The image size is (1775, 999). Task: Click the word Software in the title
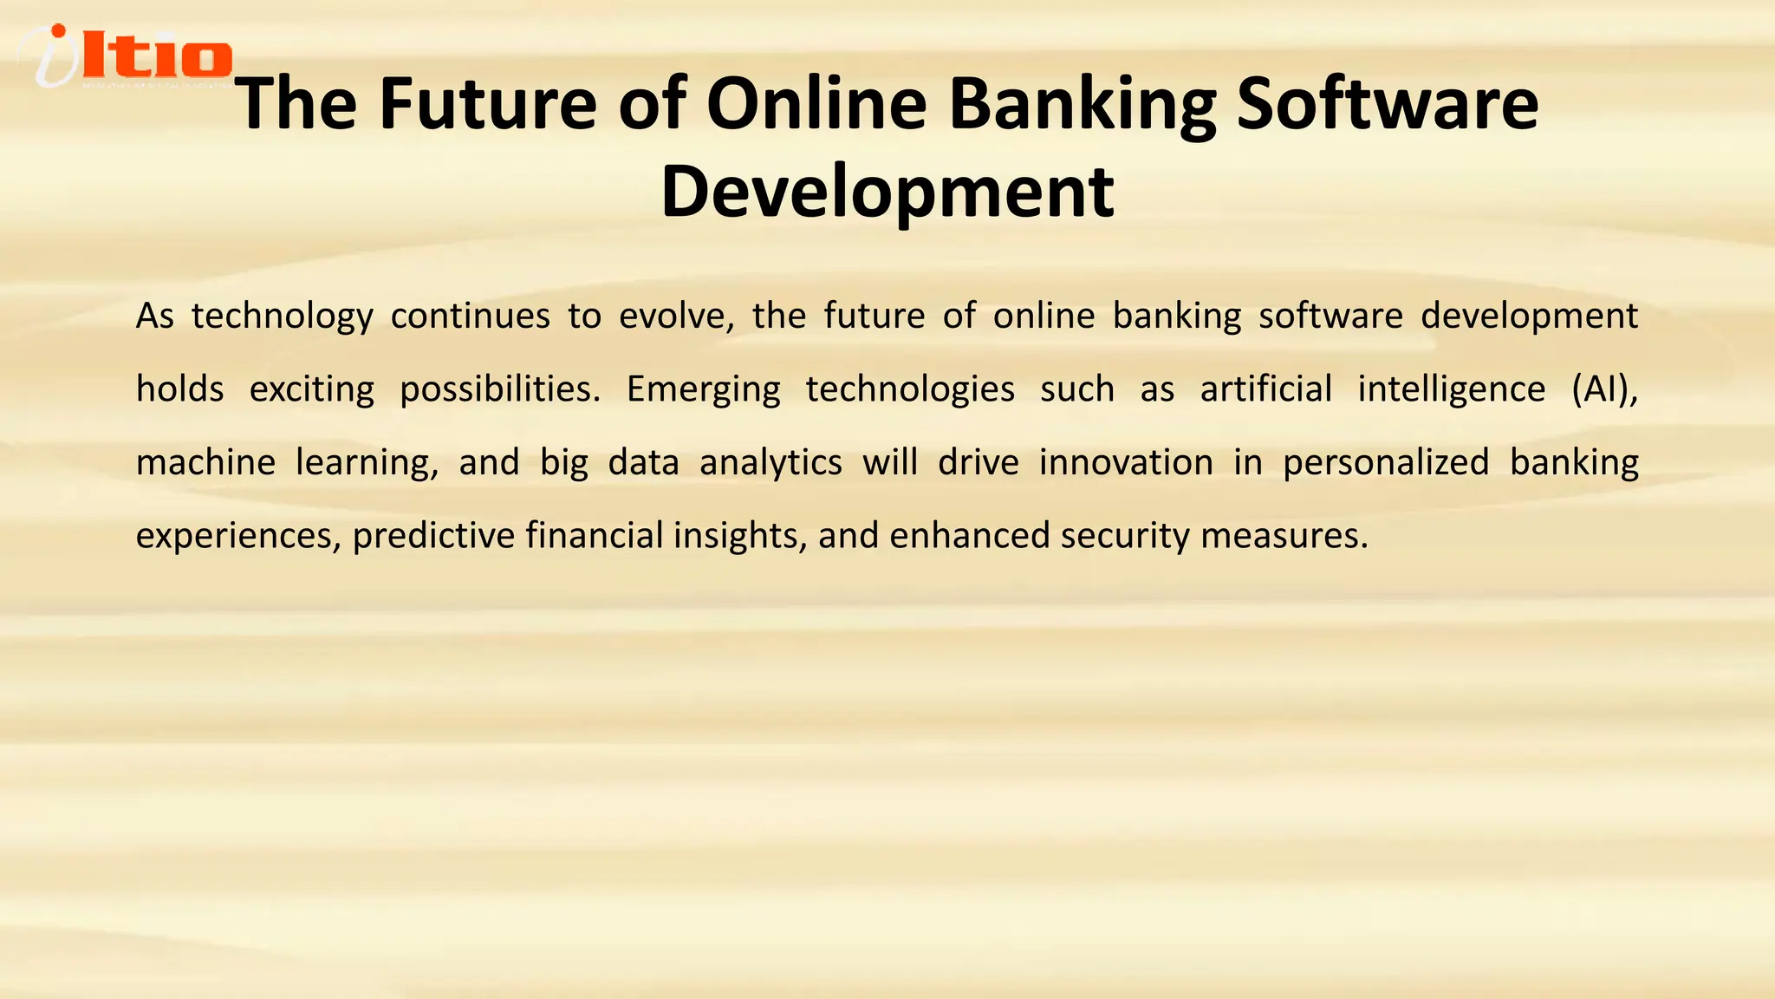tap(1387, 104)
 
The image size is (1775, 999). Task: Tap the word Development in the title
tap(887, 193)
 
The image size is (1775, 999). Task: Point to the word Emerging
tap(703, 389)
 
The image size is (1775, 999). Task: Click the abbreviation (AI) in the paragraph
tap(1603, 389)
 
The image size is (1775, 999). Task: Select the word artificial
tap(1265, 388)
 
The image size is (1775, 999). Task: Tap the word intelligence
tap(1451, 389)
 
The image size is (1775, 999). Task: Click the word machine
tap(205, 462)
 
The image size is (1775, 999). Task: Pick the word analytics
tap(770, 463)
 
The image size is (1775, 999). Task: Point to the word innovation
tap(1126, 462)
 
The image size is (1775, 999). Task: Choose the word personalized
tap(1386, 463)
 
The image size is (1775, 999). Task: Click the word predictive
tap(433, 536)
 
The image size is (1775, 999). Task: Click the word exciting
tap(312, 389)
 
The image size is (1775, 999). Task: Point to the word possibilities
tap(499, 389)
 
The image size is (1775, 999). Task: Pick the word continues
tap(470, 316)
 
